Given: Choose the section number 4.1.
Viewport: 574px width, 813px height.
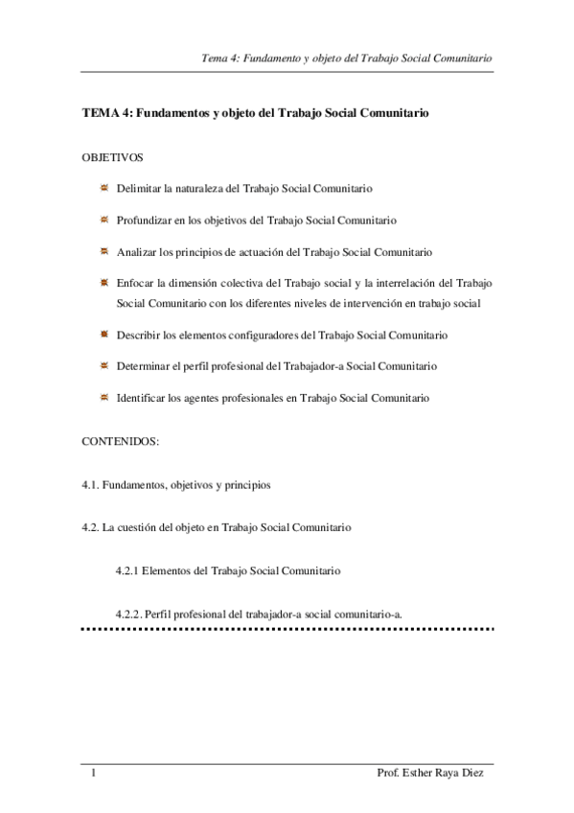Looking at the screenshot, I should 91,485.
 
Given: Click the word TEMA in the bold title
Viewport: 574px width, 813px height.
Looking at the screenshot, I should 100,113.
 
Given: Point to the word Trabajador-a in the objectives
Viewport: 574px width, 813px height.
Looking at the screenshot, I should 330,366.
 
